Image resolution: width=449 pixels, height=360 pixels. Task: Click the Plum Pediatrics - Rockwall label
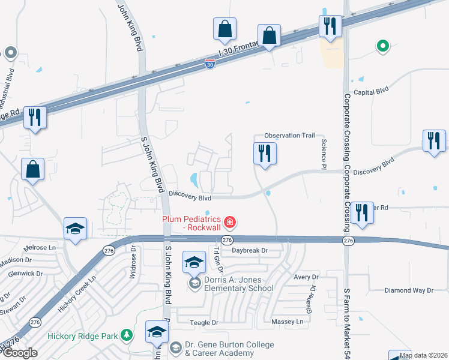point(192,223)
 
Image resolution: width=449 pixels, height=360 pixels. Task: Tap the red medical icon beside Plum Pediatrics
point(229,223)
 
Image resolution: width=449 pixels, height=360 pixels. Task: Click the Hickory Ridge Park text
point(83,336)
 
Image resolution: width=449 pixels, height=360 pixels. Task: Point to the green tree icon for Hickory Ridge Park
point(127,335)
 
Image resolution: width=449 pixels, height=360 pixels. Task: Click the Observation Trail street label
point(290,136)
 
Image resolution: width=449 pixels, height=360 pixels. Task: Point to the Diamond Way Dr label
point(409,290)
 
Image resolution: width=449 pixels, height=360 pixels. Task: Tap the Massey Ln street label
point(288,322)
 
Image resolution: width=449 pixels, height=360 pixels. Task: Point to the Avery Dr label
point(306,277)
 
